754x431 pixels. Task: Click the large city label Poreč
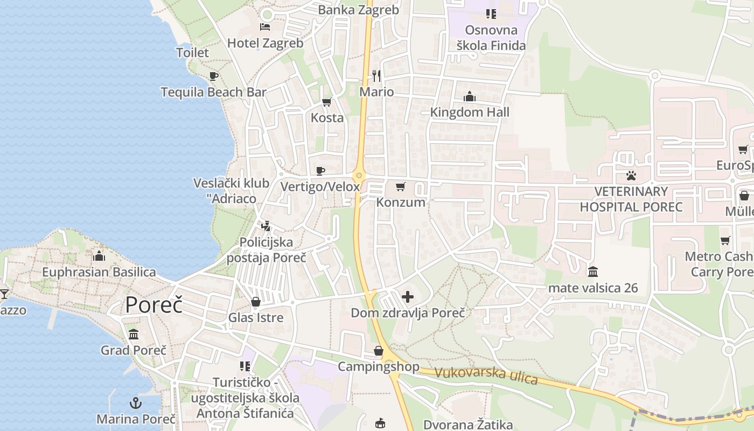click(153, 304)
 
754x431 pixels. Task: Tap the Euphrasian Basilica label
click(99, 272)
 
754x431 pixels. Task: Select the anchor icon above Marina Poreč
click(136, 403)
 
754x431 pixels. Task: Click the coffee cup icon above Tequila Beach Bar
click(214, 76)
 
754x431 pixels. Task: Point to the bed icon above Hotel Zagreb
click(265, 26)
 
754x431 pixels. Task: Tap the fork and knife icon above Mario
click(376, 76)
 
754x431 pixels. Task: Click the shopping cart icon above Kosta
click(326, 102)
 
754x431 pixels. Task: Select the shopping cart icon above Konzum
click(400, 187)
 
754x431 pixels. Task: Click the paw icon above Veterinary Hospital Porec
click(631, 175)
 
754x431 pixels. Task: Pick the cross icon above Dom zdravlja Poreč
click(408, 297)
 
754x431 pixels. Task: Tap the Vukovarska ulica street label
click(486, 376)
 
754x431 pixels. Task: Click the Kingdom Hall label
click(470, 112)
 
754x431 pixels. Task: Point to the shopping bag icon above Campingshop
click(379, 351)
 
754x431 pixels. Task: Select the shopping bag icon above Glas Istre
click(256, 302)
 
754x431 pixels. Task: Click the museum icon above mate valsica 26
click(593, 272)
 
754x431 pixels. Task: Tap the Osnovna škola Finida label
click(491, 38)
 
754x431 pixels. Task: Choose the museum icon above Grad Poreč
click(134, 335)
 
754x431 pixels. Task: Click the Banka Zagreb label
click(358, 10)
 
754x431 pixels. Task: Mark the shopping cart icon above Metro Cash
click(725, 240)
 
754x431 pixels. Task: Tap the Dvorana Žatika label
click(468, 425)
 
